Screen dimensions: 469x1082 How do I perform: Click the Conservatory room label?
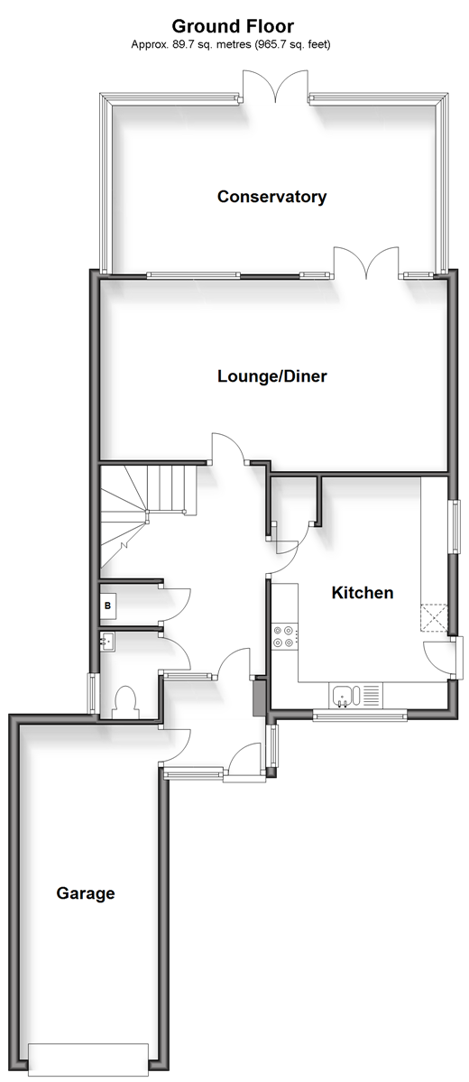click(271, 197)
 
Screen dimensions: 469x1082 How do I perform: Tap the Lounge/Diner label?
click(271, 376)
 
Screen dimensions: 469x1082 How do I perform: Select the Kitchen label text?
click(362, 592)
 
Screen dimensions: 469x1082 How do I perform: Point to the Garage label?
click(86, 893)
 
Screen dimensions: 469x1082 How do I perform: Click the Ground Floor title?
click(233, 26)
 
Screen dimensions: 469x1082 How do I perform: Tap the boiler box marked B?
click(107, 606)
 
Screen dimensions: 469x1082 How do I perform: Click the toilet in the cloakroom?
click(125, 700)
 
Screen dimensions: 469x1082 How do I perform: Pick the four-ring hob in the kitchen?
click(285, 635)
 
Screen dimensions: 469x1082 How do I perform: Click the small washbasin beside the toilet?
click(107, 642)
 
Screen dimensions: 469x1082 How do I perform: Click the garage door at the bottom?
click(88, 1054)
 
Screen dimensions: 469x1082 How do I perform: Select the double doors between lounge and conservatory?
click(366, 263)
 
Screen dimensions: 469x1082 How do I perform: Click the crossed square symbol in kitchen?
click(435, 618)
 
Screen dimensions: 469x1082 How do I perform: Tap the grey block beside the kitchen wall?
click(260, 698)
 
